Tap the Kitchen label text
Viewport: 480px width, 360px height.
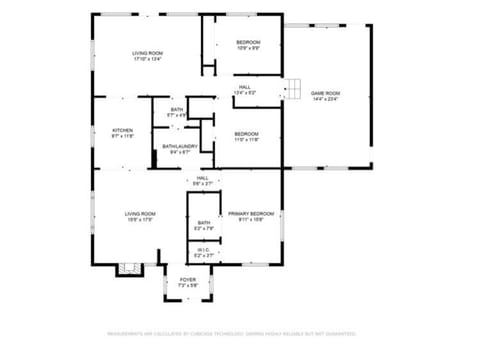pyautogui.click(x=122, y=130)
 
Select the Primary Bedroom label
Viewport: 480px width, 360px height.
pyautogui.click(x=250, y=213)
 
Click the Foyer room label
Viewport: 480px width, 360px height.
pyautogui.click(x=187, y=279)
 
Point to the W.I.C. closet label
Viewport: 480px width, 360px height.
pyautogui.click(x=203, y=250)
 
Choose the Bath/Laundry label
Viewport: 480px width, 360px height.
pyautogui.click(x=180, y=146)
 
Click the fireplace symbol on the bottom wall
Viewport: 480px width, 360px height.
pyautogui.click(x=126, y=267)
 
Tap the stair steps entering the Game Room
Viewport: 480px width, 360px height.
pyautogui.click(x=292, y=88)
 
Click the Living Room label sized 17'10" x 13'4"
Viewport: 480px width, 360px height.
pyautogui.click(x=147, y=53)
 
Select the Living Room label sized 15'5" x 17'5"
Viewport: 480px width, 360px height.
pyautogui.click(x=140, y=213)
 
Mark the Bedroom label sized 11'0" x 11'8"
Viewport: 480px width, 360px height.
pyautogui.click(x=246, y=132)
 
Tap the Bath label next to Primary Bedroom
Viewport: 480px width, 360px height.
pyautogui.click(x=203, y=223)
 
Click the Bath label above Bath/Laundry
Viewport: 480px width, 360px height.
pyautogui.click(x=177, y=109)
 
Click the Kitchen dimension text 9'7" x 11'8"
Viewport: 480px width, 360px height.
pyautogui.click(x=122, y=136)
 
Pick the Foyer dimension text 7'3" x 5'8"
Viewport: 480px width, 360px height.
pyautogui.click(x=187, y=285)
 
